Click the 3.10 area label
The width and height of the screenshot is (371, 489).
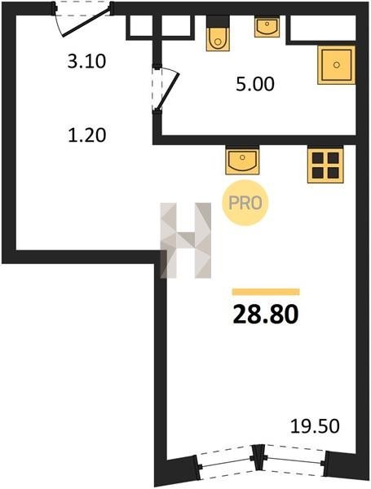pyautogui.click(x=86, y=61)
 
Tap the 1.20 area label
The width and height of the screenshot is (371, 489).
pyautogui.click(x=87, y=135)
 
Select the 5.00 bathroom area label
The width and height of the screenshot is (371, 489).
pyautogui.click(x=255, y=84)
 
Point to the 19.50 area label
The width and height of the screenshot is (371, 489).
pyautogui.click(x=315, y=426)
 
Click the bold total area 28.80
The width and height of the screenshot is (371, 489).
pyautogui.click(x=266, y=314)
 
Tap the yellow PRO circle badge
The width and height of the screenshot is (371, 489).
pyautogui.click(x=245, y=203)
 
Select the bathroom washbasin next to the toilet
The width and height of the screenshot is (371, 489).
pyautogui.click(x=267, y=27)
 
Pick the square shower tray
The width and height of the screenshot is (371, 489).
pyautogui.click(x=337, y=65)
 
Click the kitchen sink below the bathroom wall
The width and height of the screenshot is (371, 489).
pyautogui.click(x=242, y=161)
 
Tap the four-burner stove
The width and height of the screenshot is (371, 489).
pyautogui.click(x=325, y=165)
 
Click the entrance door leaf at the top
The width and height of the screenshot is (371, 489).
pyautogui.click(x=86, y=23)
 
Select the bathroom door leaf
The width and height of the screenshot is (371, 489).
pyautogui.click(x=168, y=91)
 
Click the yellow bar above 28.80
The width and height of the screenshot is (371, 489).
pyautogui.click(x=266, y=292)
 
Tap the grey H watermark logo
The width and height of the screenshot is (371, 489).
pyautogui.click(x=186, y=240)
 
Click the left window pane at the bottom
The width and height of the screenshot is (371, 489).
pyautogui.click(x=227, y=462)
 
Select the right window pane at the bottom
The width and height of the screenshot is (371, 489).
pyautogui.click(x=295, y=460)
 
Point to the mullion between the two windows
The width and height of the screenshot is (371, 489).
pyautogui.click(x=258, y=457)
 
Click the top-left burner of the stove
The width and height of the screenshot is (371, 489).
pyautogui.click(x=318, y=157)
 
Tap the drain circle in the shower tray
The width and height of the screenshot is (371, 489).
pyautogui.click(x=337, y=65)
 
